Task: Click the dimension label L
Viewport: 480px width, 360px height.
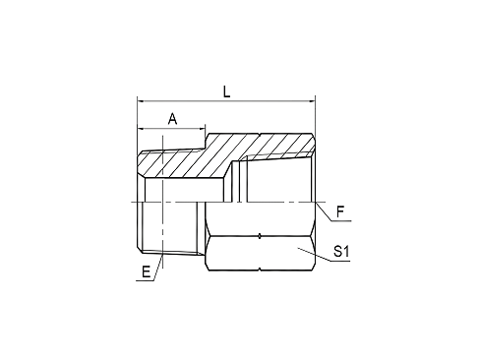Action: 226,92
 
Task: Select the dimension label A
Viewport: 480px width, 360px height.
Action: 172,119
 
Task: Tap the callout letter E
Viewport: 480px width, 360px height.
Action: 146,271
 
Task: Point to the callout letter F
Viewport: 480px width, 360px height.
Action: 340,212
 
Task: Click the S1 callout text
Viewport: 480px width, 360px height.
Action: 341,252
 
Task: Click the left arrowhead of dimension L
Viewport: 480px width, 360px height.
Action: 141,101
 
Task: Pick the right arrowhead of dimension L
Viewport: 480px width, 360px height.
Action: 311,101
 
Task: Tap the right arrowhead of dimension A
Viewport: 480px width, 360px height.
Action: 202,128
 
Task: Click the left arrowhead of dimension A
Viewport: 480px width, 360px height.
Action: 141,128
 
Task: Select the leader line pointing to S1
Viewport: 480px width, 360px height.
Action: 314,255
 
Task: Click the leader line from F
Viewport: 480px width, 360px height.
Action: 324,211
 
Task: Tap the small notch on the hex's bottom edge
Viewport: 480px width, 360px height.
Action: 260,270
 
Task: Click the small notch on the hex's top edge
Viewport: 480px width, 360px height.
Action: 260,135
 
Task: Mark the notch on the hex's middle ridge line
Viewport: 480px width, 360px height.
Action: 260,236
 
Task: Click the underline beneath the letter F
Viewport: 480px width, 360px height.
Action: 341,221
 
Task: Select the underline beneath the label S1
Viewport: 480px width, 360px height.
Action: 340,261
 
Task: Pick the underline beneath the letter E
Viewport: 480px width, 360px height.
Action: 145,281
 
